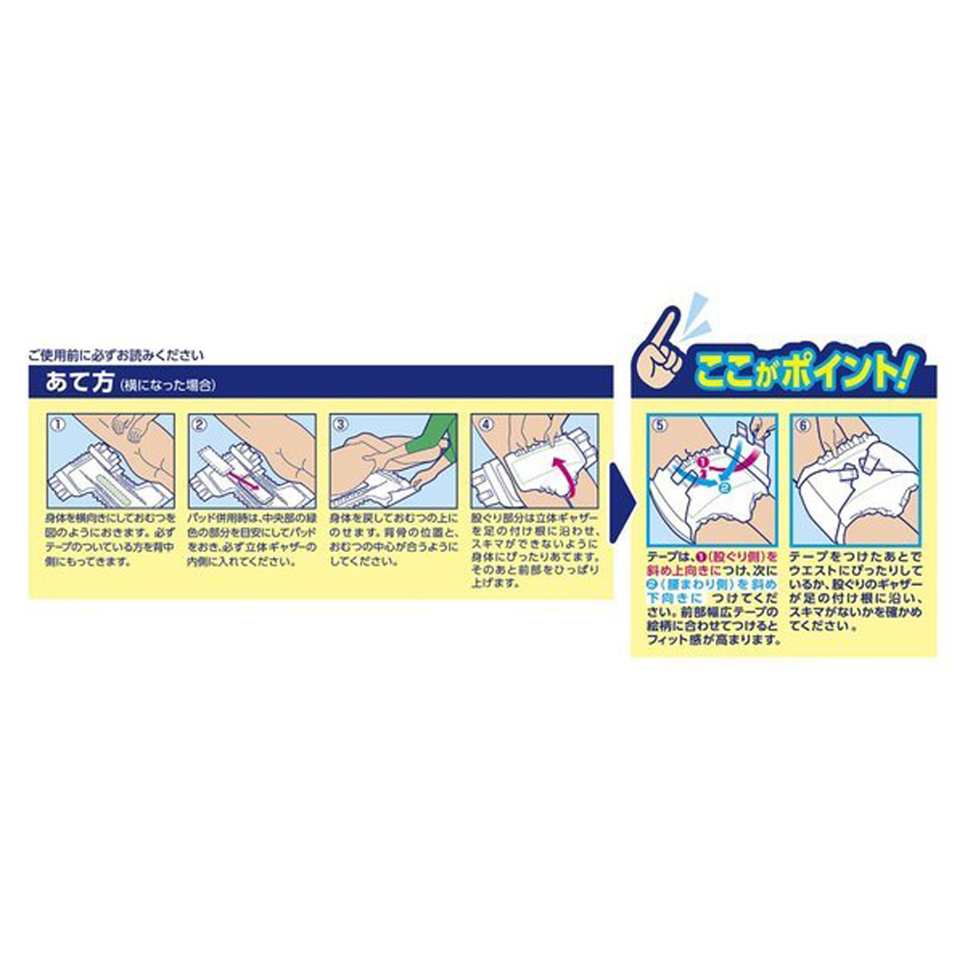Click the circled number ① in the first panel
pyautogui.click(x=57, y=423)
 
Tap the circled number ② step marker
pyautogui.click(x=200, y=423)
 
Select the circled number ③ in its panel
pyautogui.click(x=340, y=423)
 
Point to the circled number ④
pyautogui.click(x=482, y=423)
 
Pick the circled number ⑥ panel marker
pyautogui.click(x=800, y=423)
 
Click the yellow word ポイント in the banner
pyautogui.click(x=830, y=372)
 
